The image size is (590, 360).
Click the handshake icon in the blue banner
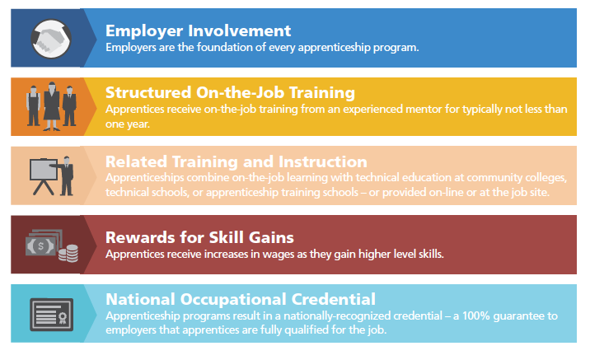(x=51, y=37)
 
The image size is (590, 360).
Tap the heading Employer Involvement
(x=198, y=30)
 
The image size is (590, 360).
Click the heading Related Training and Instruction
(x=236, y=161)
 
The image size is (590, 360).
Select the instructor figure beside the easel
(x=66, y=174)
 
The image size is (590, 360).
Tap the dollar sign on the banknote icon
(x=39, y=245)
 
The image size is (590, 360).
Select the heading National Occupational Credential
(x=240, y=299)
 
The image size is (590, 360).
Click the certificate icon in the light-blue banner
(x=51, y=314)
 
